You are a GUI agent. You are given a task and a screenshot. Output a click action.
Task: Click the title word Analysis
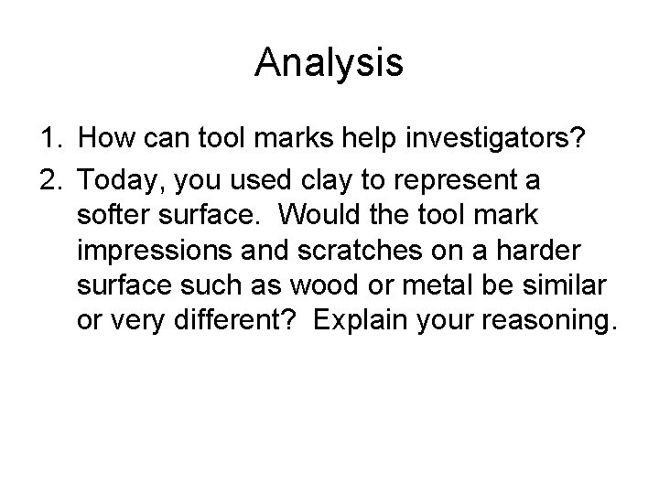point(329,62)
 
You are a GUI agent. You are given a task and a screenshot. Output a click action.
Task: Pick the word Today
point(120,181)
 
